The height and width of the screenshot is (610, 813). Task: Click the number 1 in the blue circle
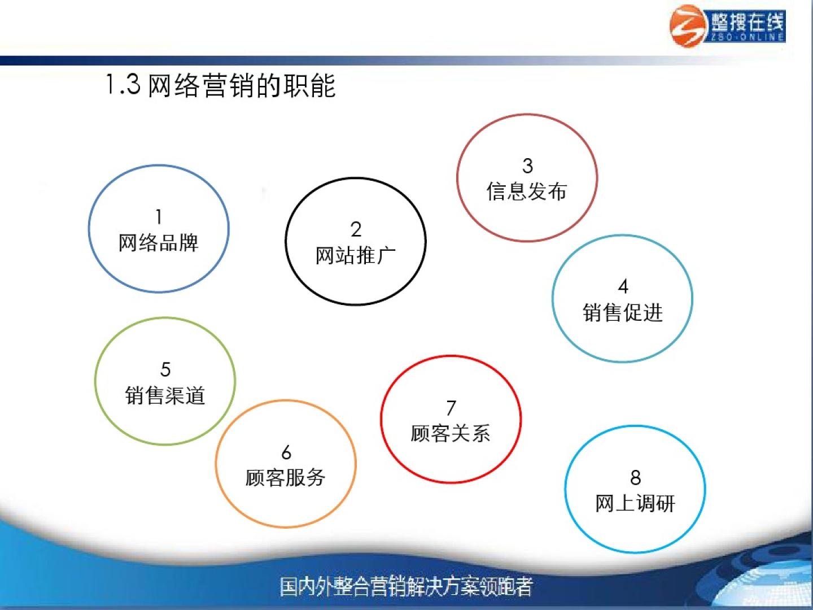[x=159, y=217]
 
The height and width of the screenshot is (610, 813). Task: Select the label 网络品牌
[x=159, y=243]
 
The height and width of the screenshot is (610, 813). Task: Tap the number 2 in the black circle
[x=356, y=229]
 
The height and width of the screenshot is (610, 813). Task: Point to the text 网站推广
[x=356, y=255]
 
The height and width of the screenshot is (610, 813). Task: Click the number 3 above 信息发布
[x=527, y=165]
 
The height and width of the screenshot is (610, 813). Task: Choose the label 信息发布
[x=527, y=191]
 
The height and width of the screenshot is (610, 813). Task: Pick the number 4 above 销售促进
[x=623, y=286]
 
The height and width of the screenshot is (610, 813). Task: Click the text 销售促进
[x=623, y=312]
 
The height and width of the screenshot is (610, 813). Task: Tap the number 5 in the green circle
[x=165, y=369]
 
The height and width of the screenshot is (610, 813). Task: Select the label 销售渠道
[x=165, y=395]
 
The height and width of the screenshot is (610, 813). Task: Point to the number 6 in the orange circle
[x=286, y=452]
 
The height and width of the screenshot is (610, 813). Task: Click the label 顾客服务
[x=286, y=478]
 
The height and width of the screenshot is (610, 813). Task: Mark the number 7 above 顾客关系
[x=451, y=408]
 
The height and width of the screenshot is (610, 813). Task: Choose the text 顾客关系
[x=451, y=434]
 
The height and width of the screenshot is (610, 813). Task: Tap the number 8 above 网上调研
[x=636, y=478]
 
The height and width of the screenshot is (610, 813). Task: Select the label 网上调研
[x=635, y=504]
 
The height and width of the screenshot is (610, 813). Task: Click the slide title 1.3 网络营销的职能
[x=221, y=85]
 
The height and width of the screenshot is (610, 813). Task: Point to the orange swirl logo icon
[x=688, y=26]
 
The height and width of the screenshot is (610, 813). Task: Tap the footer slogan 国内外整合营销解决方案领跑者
[x=406, y=587]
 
